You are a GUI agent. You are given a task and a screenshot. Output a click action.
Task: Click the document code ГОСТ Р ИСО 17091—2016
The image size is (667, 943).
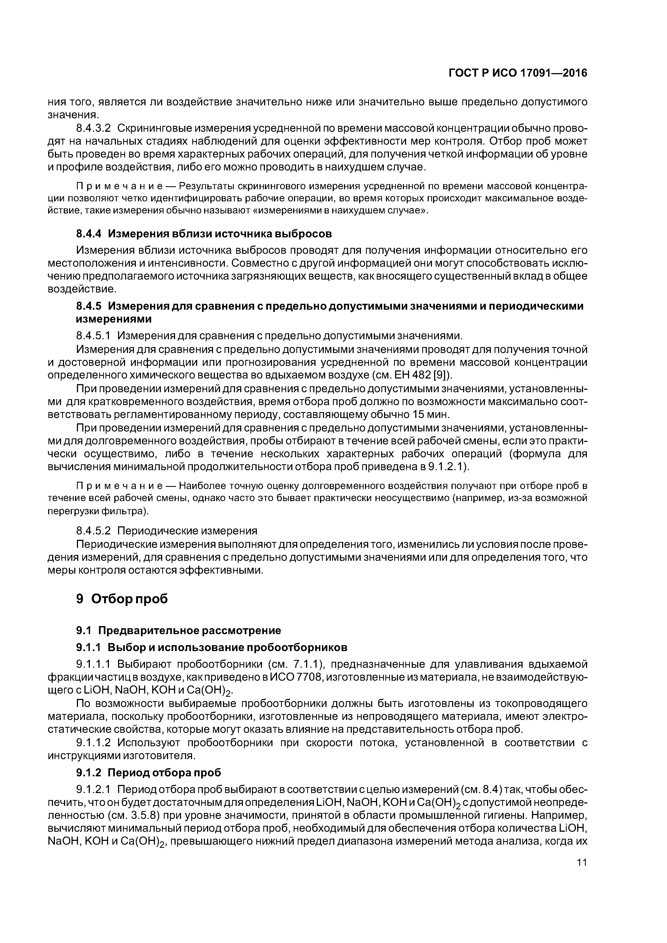click(x=518, y=73)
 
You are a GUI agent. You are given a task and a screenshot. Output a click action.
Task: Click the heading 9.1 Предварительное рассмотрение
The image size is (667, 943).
click(x=179, y=630)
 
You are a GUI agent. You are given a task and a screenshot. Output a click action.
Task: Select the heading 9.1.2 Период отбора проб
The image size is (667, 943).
click(x=149, y=773)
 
